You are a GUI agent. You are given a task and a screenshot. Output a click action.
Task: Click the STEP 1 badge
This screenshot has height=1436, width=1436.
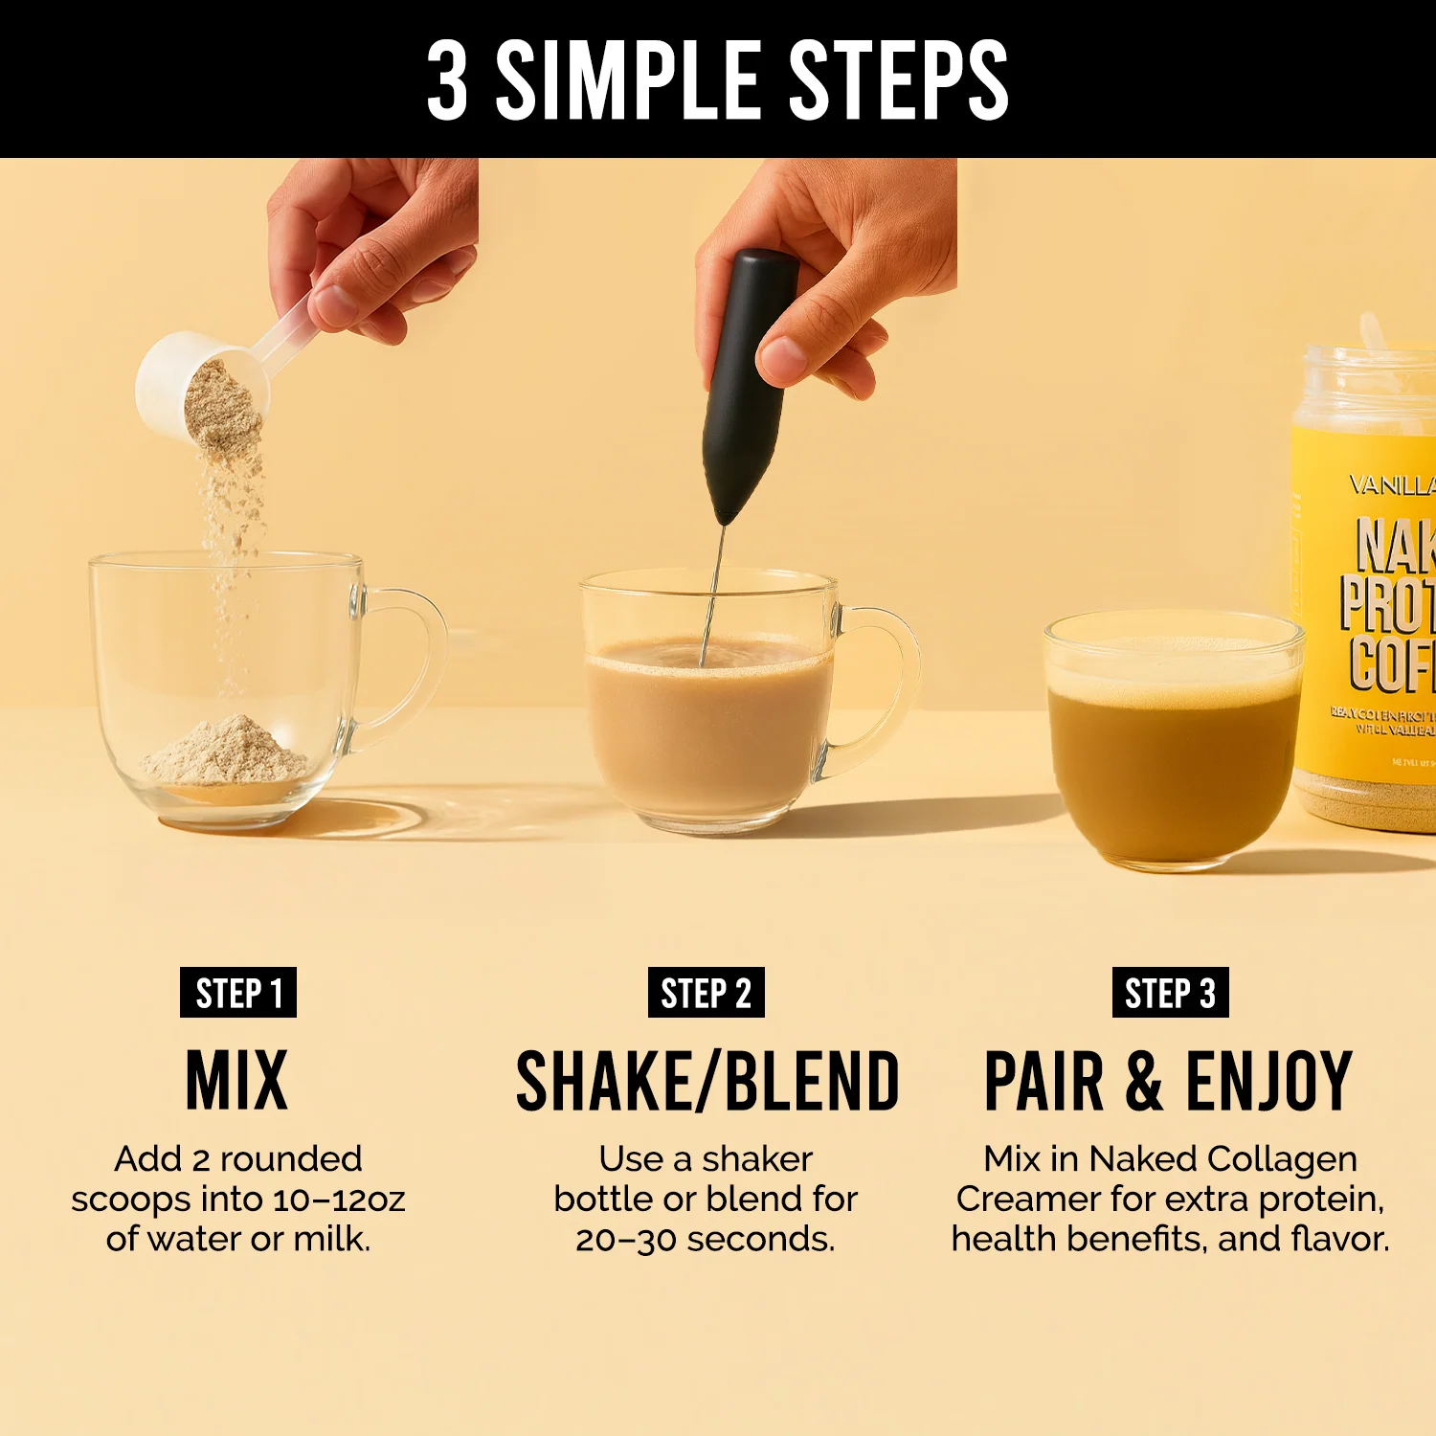tap(238, 993)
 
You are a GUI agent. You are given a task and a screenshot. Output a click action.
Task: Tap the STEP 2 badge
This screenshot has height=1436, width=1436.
tap(706, 993)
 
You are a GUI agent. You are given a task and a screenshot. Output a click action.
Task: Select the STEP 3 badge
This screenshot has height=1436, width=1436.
tap(1170, 993)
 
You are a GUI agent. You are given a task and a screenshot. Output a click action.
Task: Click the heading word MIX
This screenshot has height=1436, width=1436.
tap(236, 1081)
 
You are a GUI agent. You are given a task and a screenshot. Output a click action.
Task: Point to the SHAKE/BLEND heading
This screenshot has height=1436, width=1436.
tap(707, 1081)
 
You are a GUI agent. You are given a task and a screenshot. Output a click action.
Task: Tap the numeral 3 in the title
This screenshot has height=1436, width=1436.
tap(447, 81)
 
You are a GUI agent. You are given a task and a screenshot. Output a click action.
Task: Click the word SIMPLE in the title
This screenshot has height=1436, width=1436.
tap(627, 81)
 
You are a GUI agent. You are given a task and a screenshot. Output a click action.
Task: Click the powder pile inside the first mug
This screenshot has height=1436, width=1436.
tap(226, 752)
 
